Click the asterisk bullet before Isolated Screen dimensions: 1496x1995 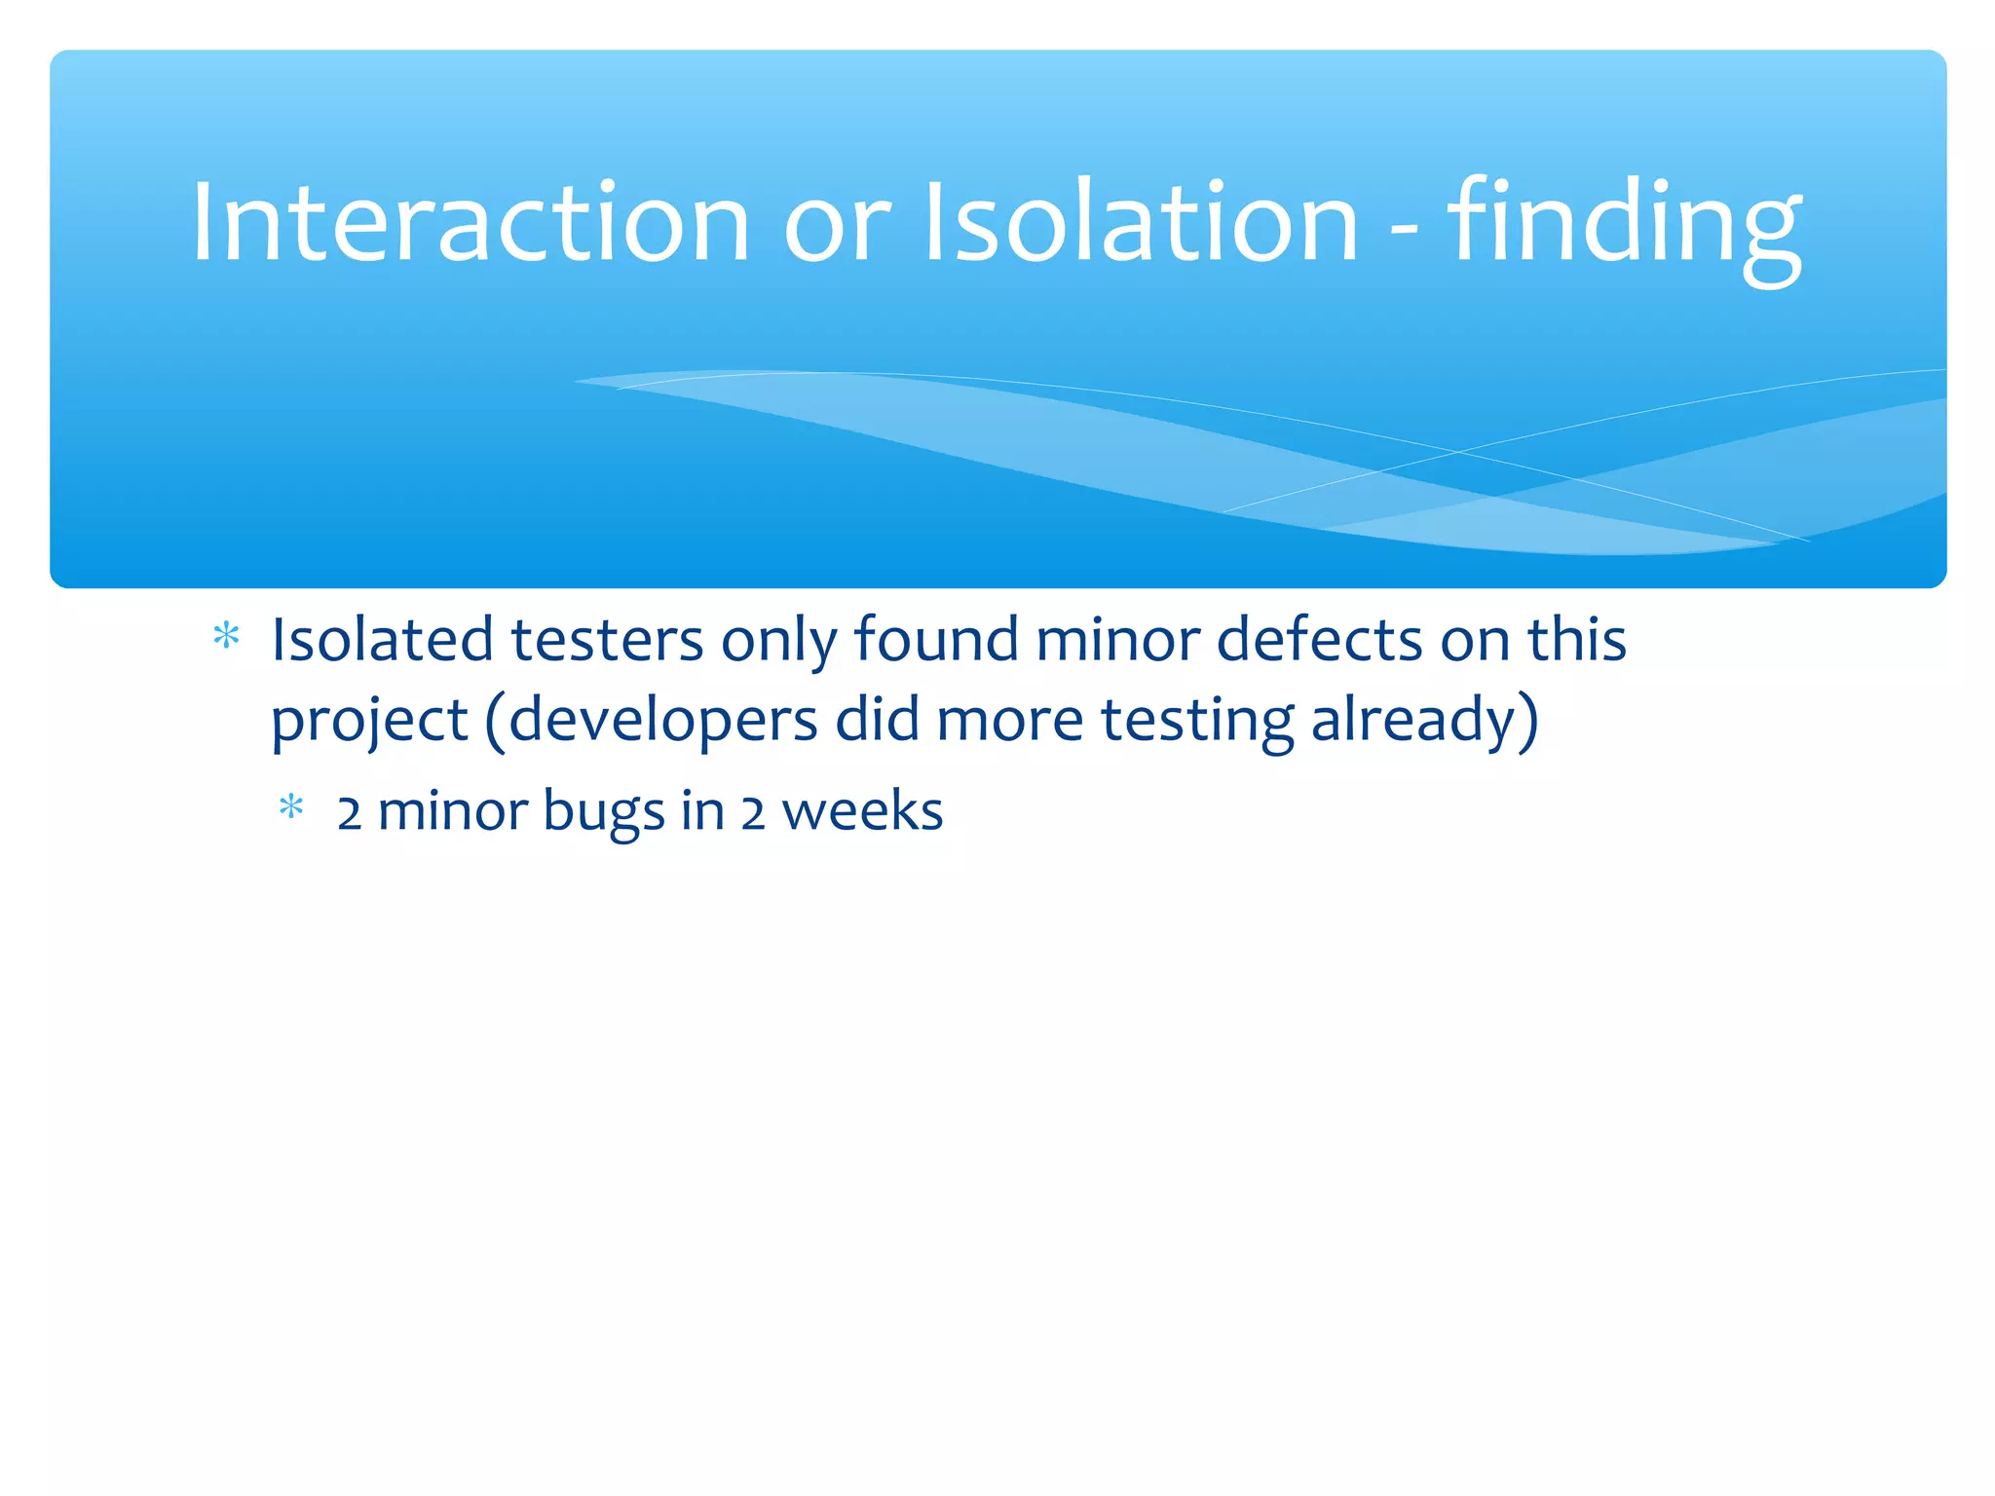pyautogui.click(x=226, y=638)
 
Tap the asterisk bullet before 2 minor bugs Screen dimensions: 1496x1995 pyautogui.click(x=291, y=808)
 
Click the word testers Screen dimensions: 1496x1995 pyautogui.click(x=607, y=642)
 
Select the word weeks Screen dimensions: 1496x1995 pyautogui.click(x=862, y=810)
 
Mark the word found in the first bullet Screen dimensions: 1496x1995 pyautogui.click(x=936, y=640)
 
